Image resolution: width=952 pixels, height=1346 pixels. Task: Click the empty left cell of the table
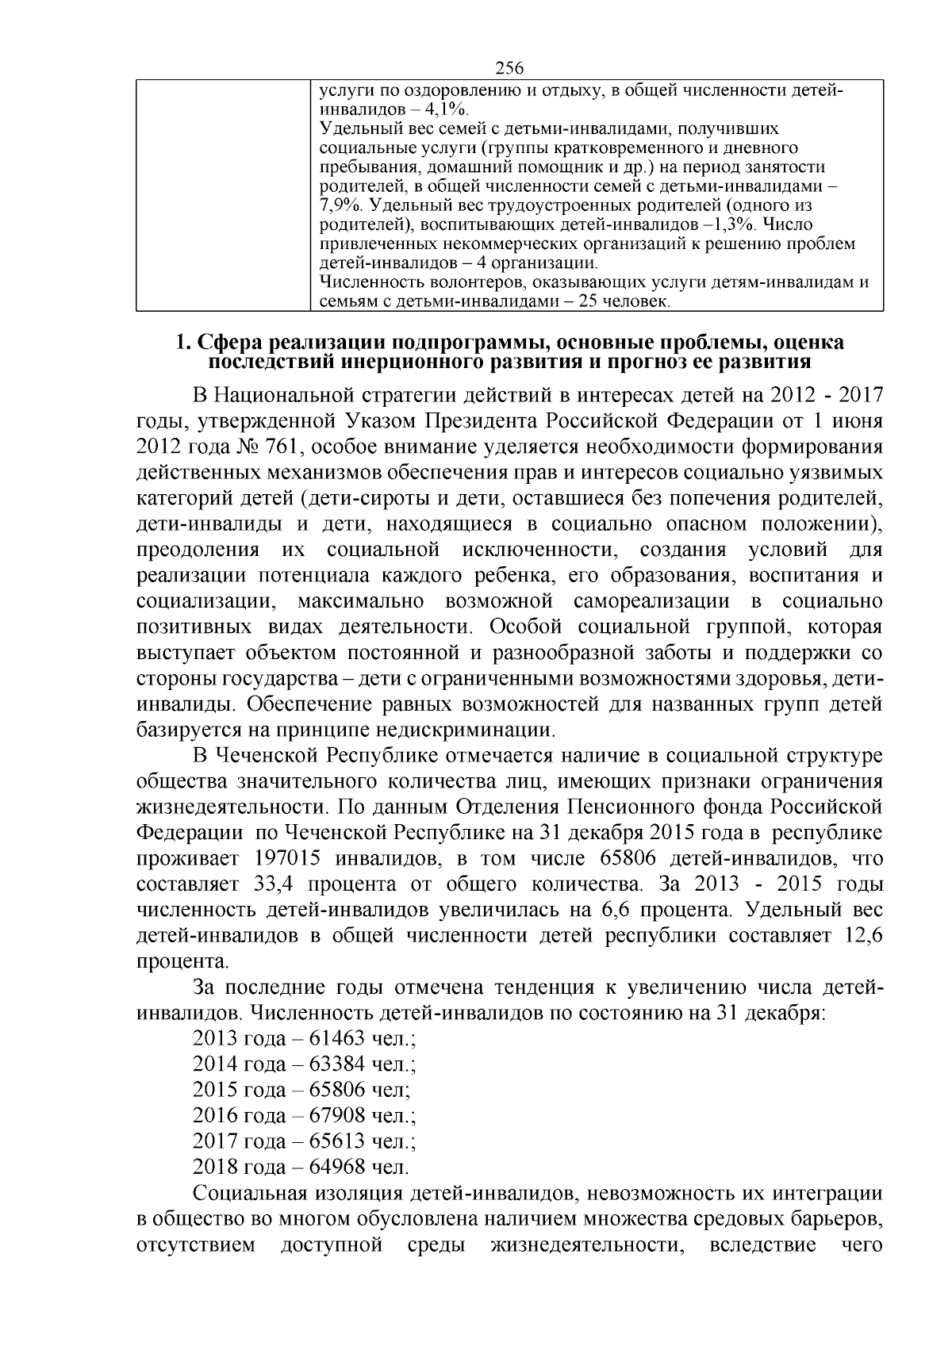222,194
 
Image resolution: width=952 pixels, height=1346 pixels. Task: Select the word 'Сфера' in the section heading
230,343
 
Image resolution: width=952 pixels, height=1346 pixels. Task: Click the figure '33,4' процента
275,884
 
